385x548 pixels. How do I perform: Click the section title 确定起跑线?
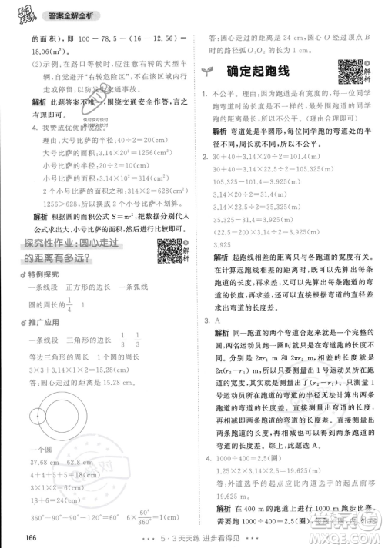[263, 71]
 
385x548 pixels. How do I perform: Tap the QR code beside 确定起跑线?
[350, 71]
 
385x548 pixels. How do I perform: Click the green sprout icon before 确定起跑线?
[207, 71]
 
